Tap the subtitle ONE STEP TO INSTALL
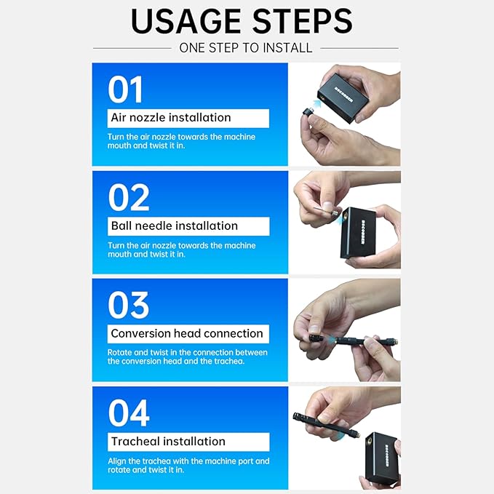coord(246,48)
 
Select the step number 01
coord(126,89)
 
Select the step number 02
coord(129,197)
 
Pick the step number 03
coord(129,305)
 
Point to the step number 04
coord(130,413)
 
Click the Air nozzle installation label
coord(171,118)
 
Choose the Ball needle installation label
coord(175,226)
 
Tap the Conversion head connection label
coord(187,333)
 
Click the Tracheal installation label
coord(168,441)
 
